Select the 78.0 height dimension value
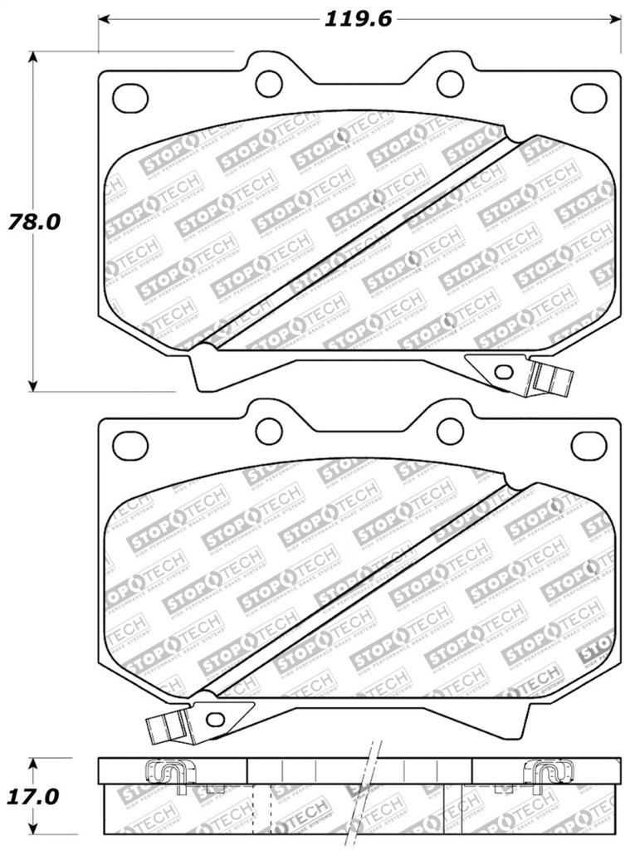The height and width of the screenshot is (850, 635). [x=32, y=222]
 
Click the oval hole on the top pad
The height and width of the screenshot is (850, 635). [x=129, y=97]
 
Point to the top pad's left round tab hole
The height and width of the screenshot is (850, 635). [x=269, y=82]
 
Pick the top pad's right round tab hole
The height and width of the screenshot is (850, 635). [x=449, y=82]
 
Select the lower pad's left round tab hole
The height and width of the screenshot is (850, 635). [x=269, y=430]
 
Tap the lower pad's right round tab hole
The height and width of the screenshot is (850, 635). [x=449, y=430]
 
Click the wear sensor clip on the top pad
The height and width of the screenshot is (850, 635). [x=550, y=379]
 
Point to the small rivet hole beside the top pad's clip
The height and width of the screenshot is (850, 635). [x=502, y=371]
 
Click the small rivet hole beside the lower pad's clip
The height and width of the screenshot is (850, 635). [x=216, y=719]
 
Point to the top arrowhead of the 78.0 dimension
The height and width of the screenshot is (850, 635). [x=33, y=57]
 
